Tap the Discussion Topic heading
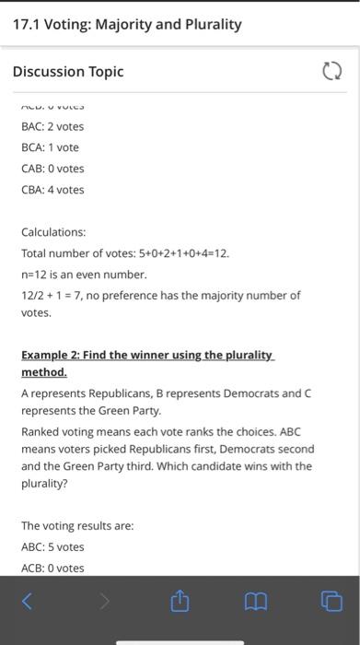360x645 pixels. [68, 72]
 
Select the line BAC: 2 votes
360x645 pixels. [52, 126]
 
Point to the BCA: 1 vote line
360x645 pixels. [50, 147]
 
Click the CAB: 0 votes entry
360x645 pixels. [52, 169]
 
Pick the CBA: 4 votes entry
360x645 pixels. [52, 190]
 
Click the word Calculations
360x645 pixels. [53, 232]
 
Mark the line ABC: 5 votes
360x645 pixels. [52, 546]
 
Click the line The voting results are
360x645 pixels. [77, 525]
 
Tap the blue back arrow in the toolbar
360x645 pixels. [27, 603]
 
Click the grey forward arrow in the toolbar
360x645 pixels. [104, 603]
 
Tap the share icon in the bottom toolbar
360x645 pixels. [180, 603]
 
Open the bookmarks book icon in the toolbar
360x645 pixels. [256, 603]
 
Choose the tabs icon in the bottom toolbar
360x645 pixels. [331, 603]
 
